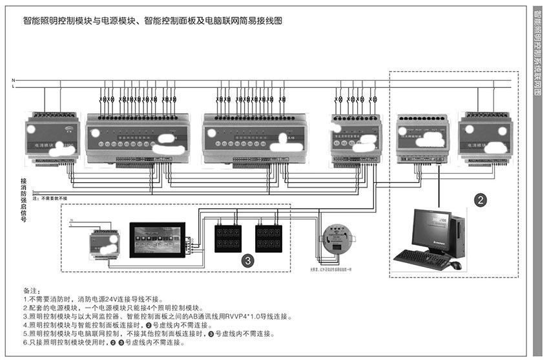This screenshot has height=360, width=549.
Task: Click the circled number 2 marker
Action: [480, 200]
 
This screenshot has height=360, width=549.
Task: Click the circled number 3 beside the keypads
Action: [247, 260]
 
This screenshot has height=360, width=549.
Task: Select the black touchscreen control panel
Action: [158, 240]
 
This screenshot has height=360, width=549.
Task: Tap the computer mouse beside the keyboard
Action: [455, 265]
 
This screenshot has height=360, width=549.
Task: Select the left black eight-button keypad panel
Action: [227, 237]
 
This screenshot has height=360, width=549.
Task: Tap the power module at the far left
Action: [53, 139]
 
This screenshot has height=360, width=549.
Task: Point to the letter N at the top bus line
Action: [13, 80]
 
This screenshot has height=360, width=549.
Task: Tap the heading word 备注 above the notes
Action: [32, 291]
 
